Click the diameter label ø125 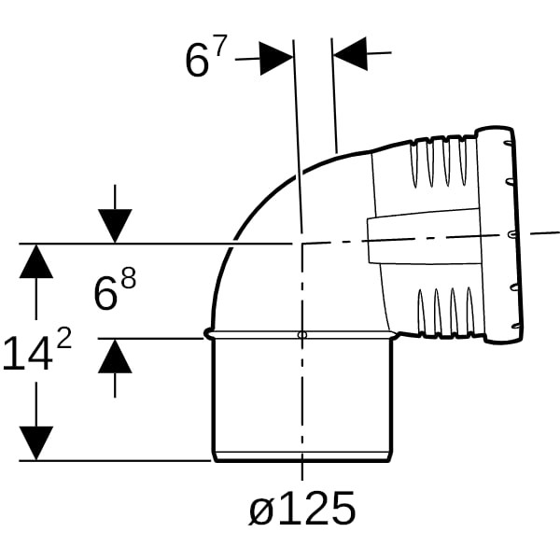pos(302,508)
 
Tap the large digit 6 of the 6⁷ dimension pos(197,62)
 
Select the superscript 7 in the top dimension pos(220,46)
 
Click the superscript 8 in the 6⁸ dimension pos(129,278)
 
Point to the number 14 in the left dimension pos(27,354)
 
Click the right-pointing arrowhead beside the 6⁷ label pos(276,59)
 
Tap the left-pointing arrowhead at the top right pos(350,54)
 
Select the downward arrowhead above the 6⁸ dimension pos(115,226)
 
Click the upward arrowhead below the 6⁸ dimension pos(115,357)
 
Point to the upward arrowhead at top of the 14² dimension pos(36,261)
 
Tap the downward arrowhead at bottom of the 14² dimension pos(36,443)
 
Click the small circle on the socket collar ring pos(302,335)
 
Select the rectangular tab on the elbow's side pos(425,236)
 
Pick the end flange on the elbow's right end pos(500,235)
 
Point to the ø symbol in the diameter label pos(262,511)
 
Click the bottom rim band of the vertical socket pos(302,456)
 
